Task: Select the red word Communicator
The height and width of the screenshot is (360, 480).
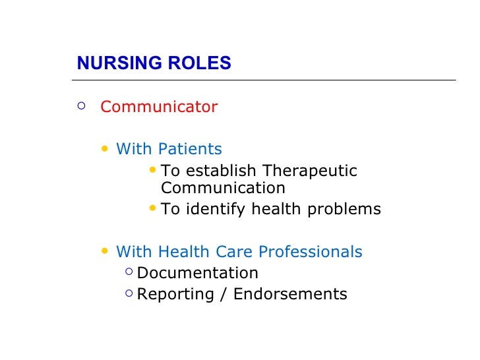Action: [158, 107]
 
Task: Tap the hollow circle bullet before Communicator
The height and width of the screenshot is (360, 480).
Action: [81, 105]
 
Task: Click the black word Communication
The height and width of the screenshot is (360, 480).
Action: [223, 188]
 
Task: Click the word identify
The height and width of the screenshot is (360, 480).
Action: [214, 210]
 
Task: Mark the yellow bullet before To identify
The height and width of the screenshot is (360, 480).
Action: [153, 209]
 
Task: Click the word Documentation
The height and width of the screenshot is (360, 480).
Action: [197, 273]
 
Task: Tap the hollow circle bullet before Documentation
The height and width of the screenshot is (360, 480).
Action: [128, 272]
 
